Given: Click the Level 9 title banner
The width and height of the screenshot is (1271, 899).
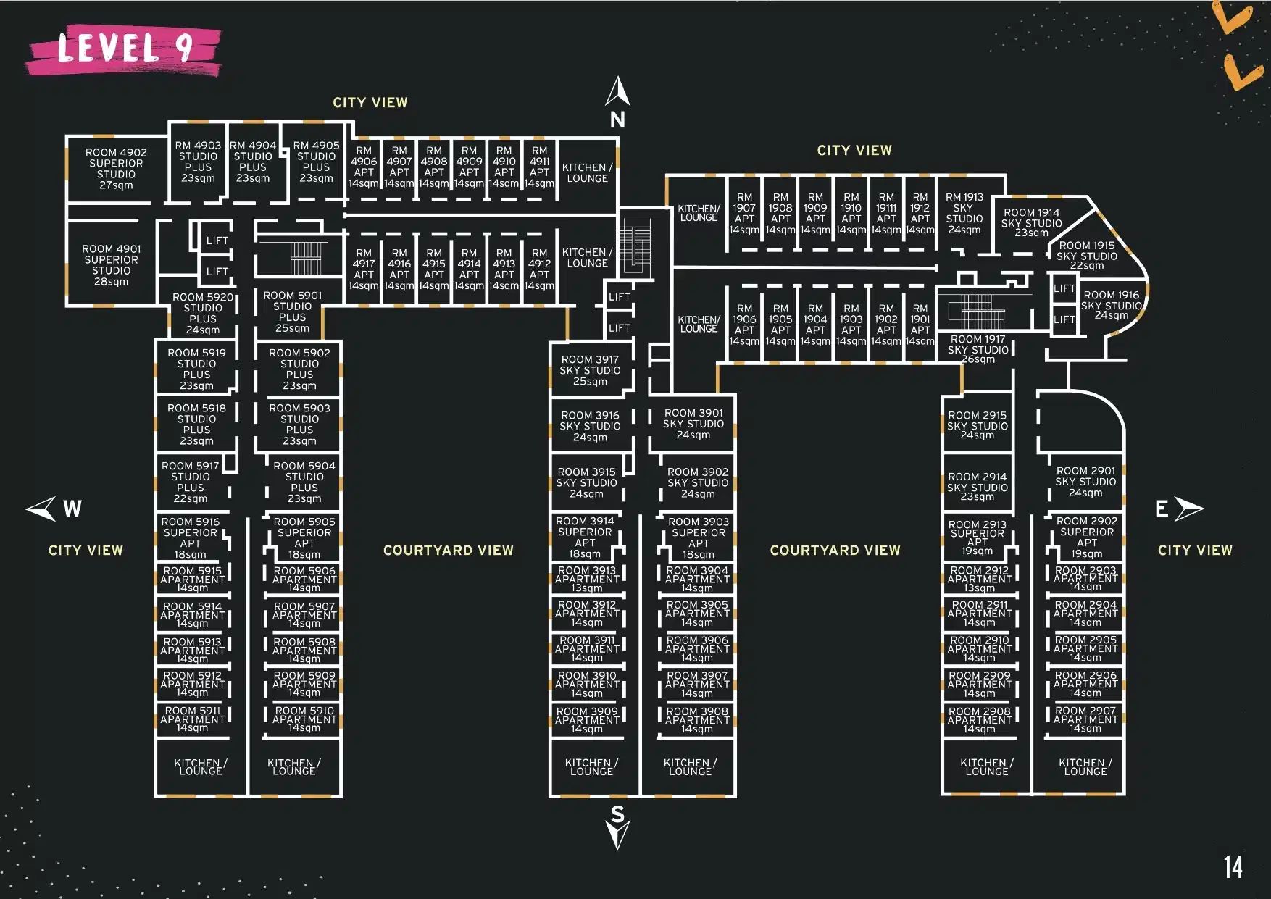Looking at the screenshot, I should point(125,49).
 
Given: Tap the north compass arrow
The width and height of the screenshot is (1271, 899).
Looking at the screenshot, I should point(617,93).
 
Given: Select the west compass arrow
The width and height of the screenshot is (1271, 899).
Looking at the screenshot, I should point(42,508).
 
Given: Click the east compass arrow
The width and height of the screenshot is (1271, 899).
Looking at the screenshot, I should point(1188,509).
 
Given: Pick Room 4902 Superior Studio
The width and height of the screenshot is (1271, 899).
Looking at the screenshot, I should point(116,169).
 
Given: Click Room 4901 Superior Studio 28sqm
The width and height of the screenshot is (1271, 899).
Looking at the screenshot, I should point(111,265).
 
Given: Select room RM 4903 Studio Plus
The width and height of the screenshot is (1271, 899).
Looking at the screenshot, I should point(198,162).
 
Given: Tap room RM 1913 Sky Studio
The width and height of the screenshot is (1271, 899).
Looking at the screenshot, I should point(964,213).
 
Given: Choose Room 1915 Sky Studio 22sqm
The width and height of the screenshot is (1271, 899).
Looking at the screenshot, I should point(1086,256).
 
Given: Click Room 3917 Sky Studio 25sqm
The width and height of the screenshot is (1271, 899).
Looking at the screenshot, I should point(590,370).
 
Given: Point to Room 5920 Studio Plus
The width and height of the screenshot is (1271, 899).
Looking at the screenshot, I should point(203,313).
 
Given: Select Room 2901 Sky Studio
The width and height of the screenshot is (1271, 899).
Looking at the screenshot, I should point(1085,482).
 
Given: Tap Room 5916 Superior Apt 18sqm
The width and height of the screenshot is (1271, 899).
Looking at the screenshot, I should point(191,538).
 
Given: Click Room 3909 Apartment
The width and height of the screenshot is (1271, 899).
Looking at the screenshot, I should point(587,720).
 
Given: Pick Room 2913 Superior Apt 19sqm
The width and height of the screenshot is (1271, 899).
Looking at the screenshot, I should point(978,538).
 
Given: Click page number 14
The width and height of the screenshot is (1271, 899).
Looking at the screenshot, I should point(1233,867).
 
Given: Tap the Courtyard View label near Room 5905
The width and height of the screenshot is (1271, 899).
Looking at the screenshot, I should point(448,551).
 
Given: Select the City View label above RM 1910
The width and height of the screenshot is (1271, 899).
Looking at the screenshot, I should point(854,151).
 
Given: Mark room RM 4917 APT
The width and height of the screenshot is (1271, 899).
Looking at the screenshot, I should point(364,269).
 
